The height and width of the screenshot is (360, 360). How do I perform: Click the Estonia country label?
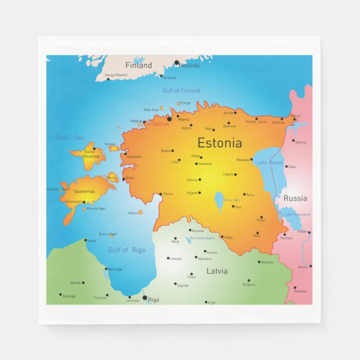click(219, 143)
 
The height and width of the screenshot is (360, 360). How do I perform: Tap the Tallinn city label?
click(160, 124)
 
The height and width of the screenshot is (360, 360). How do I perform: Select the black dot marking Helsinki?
click(177, 63)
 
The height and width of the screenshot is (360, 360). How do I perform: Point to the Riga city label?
click(154, 300)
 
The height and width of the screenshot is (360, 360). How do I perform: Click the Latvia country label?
click(217, 271)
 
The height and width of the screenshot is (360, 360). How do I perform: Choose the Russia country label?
click(295, 198)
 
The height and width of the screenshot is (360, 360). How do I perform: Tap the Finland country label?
click(138, 65)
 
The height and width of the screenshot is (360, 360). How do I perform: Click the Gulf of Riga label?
click(126, 250)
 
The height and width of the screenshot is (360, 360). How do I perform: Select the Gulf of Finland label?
click(181, 91)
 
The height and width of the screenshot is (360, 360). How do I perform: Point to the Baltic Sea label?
click(69, 138)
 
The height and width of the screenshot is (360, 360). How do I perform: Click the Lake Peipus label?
click(269, 163)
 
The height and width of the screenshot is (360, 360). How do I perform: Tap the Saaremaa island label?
click(84, 192)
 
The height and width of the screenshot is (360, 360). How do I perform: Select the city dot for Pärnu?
click(160, 194)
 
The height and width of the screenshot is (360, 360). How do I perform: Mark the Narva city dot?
click(295, 119)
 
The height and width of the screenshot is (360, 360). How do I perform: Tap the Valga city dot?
click(221, 237)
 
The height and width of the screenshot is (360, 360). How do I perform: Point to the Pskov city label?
click(302, 231)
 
